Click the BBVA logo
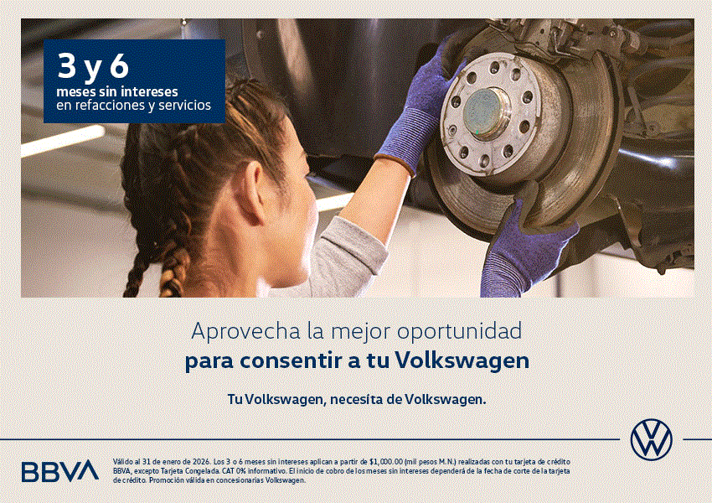tap(59, 471)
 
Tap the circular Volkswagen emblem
tap(651, 439)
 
